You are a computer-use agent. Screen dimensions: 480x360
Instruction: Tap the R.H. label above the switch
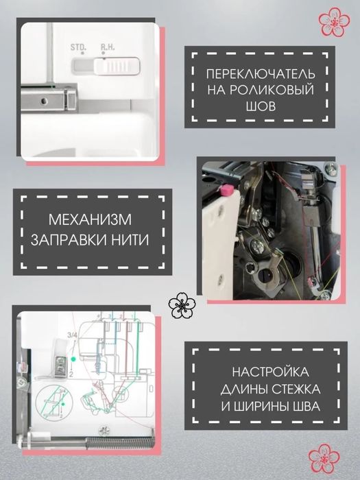click(x=108, y=48)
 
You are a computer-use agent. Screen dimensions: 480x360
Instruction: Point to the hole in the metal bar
click(x=44, y=101)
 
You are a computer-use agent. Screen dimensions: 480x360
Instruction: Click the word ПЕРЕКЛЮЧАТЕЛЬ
click(x=262, y=73)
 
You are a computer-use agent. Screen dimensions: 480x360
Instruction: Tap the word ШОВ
click(x=262, y=106)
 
